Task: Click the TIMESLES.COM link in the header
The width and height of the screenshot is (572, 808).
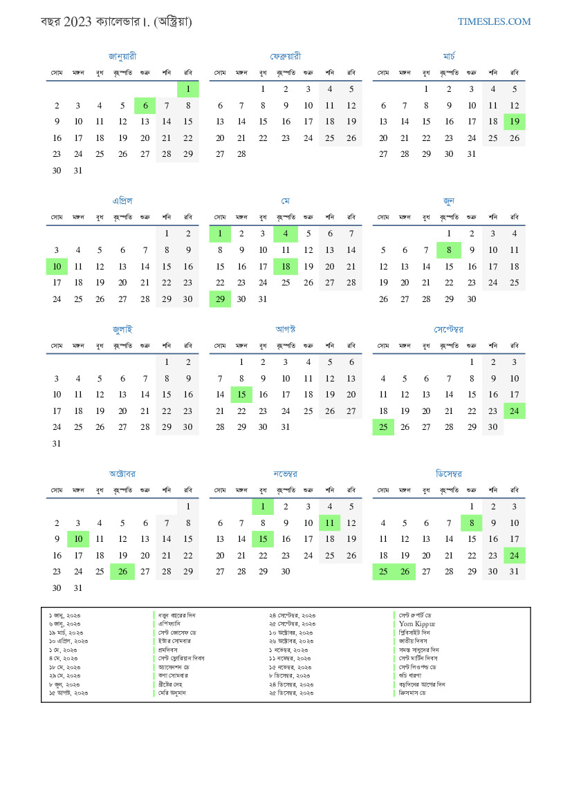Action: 494,21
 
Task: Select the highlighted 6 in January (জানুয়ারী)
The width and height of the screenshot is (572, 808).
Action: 145,106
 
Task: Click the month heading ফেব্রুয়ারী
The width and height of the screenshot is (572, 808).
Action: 286,56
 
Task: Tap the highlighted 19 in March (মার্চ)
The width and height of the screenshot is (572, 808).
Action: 515,122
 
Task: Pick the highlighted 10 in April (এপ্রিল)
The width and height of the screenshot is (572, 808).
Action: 57,266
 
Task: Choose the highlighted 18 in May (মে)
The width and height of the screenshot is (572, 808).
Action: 286,266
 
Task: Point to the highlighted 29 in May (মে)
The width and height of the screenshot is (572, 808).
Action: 220,299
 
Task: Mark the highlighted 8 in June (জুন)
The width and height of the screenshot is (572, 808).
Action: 449,250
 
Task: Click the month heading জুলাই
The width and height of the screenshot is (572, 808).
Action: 122,329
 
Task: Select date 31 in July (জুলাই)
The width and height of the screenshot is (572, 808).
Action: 57,444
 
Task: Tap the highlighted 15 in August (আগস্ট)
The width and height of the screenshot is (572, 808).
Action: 241,395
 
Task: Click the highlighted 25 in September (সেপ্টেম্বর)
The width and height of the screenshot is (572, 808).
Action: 383,427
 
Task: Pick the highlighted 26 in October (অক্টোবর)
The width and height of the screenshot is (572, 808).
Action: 122,572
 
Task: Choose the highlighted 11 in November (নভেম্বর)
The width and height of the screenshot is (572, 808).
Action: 330,523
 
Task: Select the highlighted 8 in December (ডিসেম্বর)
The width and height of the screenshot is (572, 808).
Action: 471,523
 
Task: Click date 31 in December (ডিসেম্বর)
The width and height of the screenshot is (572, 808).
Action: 515,572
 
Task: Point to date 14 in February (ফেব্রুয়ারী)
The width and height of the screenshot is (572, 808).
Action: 241,122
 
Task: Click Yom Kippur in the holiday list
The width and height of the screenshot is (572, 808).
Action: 417,623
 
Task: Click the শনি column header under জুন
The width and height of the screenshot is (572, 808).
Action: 492,217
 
